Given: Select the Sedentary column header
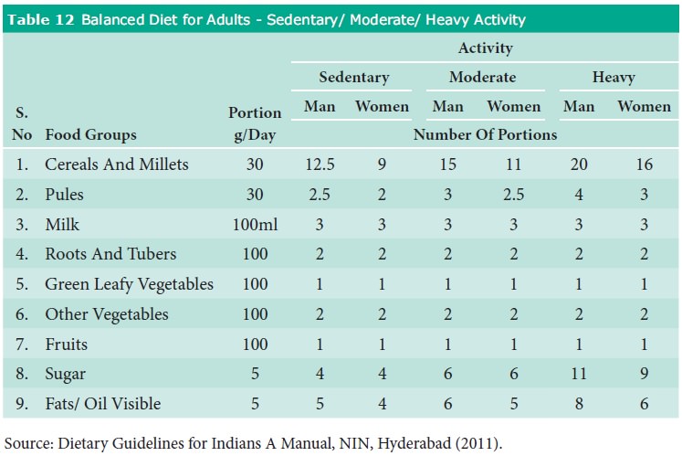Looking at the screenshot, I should point(353,78).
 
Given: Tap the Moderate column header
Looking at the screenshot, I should point(482,78).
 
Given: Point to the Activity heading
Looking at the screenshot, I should point(484,48).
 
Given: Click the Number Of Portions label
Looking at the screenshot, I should point(485,134).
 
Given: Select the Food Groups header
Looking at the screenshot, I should point(90,134).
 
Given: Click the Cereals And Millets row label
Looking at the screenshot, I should point(116,164).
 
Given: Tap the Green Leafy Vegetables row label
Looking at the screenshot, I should point(129,284).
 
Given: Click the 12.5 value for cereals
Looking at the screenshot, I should point(320,164).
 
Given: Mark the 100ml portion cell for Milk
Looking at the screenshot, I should point(255,225).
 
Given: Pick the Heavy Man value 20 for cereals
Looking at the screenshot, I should point(579,164).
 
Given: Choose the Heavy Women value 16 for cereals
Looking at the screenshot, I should point(644,164).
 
